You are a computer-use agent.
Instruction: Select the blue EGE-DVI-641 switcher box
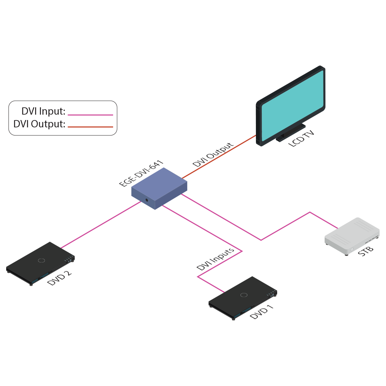pyautogui.click(x=159, y=187)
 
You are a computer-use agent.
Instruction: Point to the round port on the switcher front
pyautogui.click(x=147, y=200)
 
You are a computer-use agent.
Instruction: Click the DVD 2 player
pyautogui.click(x=39, y=262)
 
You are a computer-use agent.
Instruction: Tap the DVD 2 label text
pyautogui.click(x=59, y=278)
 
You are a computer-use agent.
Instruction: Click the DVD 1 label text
pyautogui.click(x=262, y=312)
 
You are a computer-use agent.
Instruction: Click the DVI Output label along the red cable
pyautogui.click(x=213, y=154)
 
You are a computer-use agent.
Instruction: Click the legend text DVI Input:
pyautogui.click(x=43, y=112)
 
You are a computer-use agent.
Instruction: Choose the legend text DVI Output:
pyautogui.click(x=39, y=124)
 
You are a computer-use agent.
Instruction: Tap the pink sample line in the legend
pyautogui.click(x=90, y=115)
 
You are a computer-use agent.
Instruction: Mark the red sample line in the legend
pyautogui.click(x=90, y=127)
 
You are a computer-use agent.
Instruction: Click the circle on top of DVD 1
pyautogui.click(x=244, y=295)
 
